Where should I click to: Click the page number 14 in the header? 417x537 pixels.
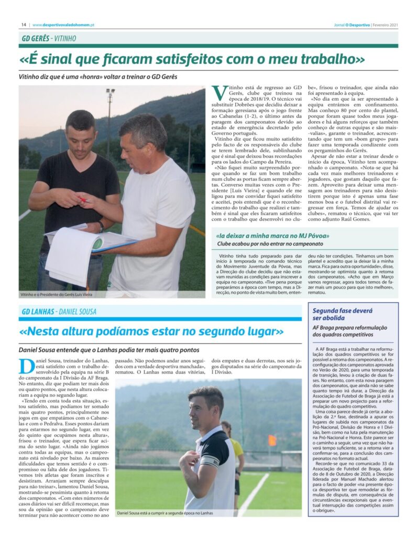click(24, 24)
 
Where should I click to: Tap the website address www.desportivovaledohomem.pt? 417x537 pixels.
click(64, 24)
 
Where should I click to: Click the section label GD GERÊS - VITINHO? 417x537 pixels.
click(49, 38)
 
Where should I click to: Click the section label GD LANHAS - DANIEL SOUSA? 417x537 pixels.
click(59, 312)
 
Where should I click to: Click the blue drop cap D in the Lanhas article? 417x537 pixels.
click(25, 366)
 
